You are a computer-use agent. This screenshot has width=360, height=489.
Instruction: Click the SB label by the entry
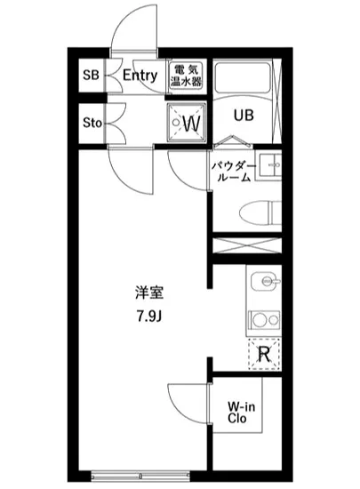(91, 76)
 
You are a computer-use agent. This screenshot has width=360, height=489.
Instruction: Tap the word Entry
(140, 76)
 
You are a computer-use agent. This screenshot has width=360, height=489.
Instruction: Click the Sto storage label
(92, 122)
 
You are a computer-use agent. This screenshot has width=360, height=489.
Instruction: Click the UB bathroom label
(244, 115)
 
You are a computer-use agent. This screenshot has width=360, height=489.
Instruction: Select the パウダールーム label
(233, 172)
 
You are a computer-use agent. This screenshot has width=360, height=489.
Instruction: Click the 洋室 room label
(148, 292)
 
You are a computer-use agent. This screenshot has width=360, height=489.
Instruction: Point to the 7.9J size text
(148, 317)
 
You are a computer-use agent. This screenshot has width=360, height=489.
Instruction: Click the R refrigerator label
(264, 354)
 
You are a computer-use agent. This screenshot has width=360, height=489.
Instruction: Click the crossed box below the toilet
(246, 246)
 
